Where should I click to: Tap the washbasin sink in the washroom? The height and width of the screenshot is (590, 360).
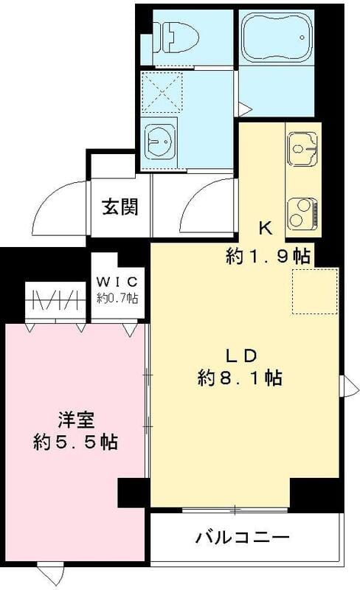pyautogui.click(x=161, y=138)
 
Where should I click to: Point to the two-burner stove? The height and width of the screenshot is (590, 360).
pyautogui.click(x=302, y=213)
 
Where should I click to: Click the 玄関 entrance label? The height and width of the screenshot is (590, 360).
pyautogui.click(x=120, y=207)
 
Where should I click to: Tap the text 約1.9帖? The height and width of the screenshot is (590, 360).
pyautogui.click(x=267, y=257)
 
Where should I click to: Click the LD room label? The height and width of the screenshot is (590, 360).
pyautogui.click(x=240, y=355)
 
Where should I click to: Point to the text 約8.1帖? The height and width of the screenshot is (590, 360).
pyautogui.click(x=240, y=379)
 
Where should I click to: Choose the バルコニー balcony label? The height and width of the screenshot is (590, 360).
pyautogui.click(x=242, y=537)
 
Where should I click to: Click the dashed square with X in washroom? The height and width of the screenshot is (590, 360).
pyautogui.click(x=162, y=91)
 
